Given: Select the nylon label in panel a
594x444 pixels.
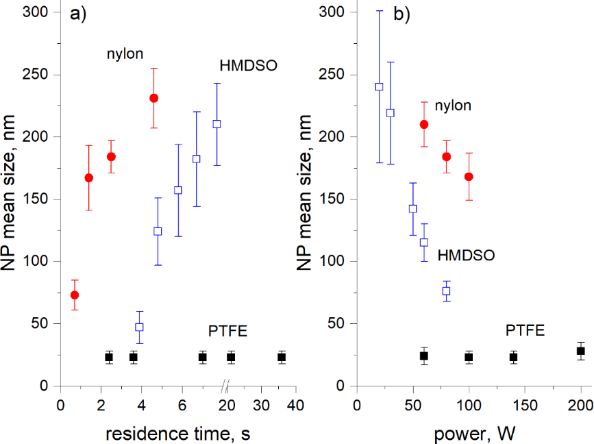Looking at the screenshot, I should coord(123,53).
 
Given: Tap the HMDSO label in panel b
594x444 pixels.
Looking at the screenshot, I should coord(466,255).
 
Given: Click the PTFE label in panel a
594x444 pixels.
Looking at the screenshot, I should coord(227,332).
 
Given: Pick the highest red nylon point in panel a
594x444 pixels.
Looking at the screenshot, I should coord(154,98).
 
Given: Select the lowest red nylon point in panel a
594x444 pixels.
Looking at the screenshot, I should coord(75,295).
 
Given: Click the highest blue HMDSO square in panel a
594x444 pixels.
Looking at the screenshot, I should coord(216,124).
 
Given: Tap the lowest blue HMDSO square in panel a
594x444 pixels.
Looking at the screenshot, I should coord(139,327).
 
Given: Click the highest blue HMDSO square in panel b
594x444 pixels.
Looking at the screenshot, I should coord(379,87).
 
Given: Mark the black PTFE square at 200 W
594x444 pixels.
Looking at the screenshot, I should coord(580,351).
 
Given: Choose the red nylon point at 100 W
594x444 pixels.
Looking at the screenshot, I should coord(469,177).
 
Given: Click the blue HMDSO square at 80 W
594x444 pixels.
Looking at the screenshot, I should coord(446,291).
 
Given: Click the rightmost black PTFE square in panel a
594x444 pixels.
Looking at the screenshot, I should coord(282,357).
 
